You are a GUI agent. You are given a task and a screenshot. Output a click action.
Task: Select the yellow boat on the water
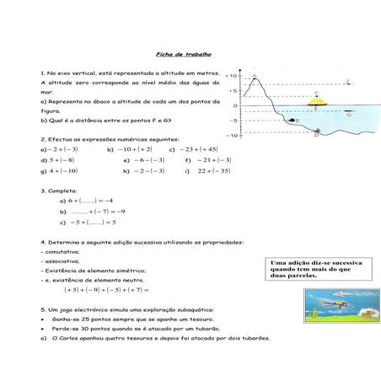(x=315, y=104)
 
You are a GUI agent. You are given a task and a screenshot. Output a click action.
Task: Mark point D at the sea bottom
(x=317, y=133)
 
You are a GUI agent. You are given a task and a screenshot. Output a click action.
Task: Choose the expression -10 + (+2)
(x=129, y=148)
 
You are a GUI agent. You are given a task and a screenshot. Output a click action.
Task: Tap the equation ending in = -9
(x=92, y=212)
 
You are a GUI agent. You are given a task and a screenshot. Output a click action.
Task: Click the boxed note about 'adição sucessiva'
(x=316, y=270)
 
